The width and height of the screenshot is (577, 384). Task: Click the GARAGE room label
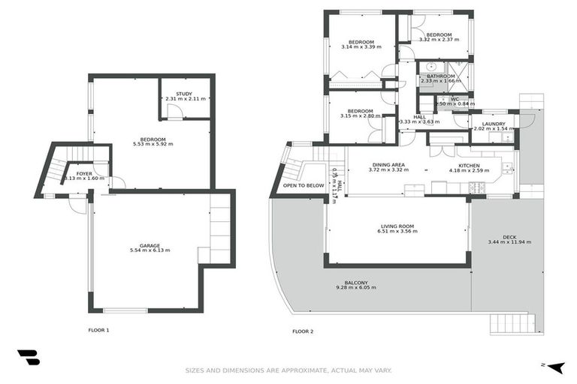(x=150, y=245)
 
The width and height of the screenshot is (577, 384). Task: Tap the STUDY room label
(x=184, y=94)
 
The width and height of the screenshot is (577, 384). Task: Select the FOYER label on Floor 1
(x=84, y=173)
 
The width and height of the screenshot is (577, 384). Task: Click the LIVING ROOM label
(x=396, y=226)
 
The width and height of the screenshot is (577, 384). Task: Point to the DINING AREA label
(x=388, y=164)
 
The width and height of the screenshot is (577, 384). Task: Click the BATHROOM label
(x=440, y=76)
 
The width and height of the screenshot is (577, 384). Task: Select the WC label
(x=455, y=99)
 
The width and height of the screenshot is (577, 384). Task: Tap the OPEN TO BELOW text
(x=304, y=185)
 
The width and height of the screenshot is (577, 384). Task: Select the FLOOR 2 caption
(x=303, y=330)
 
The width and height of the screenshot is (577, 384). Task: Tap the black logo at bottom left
(x=28, y=358)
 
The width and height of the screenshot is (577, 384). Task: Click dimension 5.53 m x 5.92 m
(x=153, y=144)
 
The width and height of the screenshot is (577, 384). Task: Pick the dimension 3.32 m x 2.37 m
(x=439, y=40)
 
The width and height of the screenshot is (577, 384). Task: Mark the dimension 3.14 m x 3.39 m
(x=361, y=47)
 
